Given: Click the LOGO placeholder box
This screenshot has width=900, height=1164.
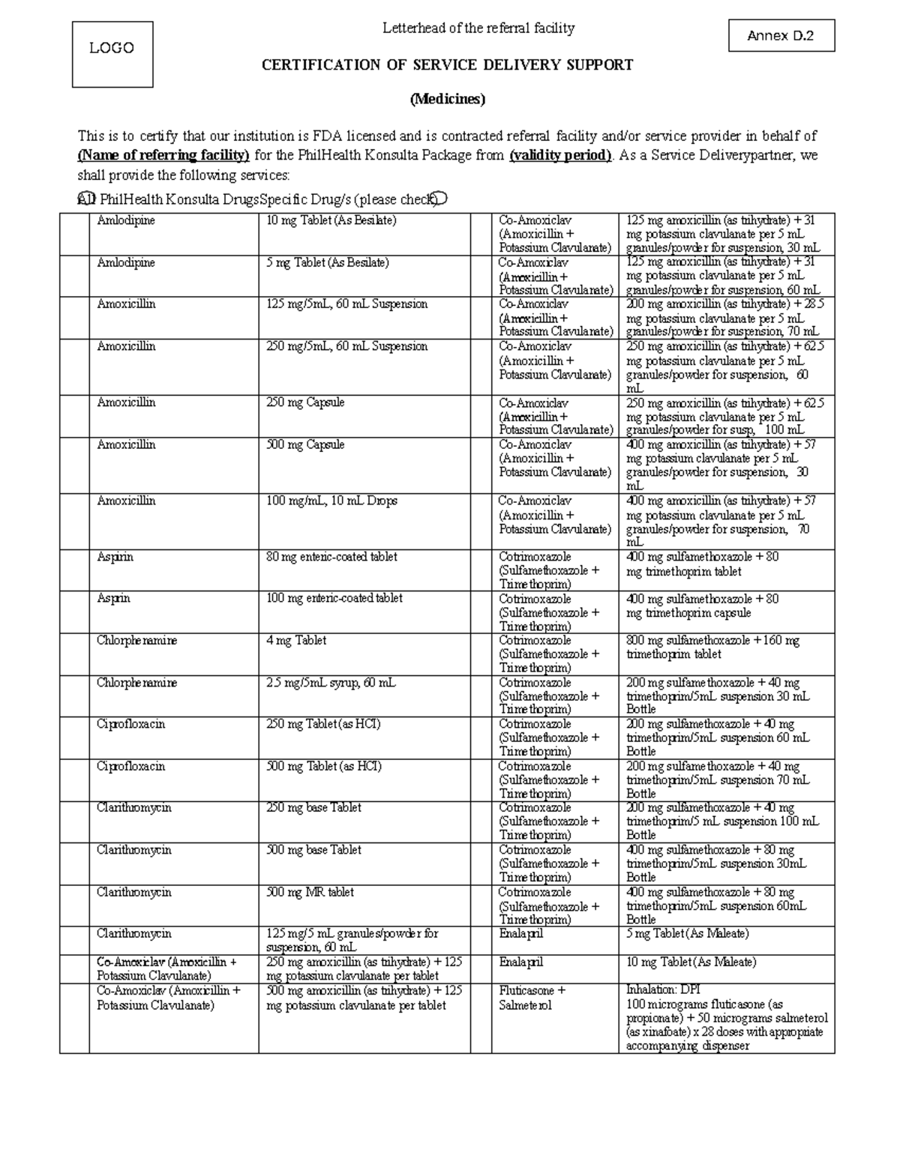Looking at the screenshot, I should tap(112, 54).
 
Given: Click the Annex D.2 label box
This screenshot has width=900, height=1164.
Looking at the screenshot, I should tap(781, 35).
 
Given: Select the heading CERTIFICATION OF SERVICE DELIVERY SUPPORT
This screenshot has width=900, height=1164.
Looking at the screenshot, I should tap(447, 65).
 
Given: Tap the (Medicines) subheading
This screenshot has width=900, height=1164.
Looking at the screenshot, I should tap(447, 99).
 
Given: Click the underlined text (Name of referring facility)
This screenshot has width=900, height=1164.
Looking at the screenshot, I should tap(163, 156).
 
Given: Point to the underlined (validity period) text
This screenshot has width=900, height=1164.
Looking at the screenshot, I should tap(560, 156).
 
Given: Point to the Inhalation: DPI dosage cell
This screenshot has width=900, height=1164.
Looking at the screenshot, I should tap(726, 1017).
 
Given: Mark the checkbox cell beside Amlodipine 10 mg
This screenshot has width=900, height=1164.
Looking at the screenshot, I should tap(74, 234).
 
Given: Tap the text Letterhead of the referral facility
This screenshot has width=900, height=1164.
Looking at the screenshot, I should tap(478, 28).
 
